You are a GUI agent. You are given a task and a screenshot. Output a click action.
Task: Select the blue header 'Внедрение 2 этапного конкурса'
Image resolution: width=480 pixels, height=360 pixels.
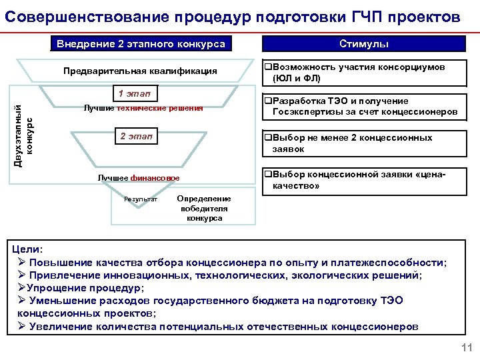click(141, 45)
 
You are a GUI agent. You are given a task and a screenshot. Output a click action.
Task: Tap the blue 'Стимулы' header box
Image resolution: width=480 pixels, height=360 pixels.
click(363, 44)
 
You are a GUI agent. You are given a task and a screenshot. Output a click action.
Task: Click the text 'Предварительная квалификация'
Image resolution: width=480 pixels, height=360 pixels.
click(140, 71)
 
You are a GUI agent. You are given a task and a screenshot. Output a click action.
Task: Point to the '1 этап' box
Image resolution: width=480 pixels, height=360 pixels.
click(133, 93)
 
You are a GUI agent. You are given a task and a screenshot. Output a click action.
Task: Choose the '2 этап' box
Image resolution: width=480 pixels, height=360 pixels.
click(135, 137)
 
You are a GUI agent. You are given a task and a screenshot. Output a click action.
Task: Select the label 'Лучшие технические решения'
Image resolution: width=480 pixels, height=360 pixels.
click(143, 108)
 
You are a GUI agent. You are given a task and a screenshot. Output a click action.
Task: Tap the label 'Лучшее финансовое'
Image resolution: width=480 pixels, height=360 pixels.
click(139, 179)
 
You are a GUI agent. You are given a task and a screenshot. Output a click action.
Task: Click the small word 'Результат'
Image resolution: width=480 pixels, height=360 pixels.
click(141, 199)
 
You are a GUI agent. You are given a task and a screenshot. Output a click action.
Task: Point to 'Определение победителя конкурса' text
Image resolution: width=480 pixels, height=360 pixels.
click(204, 208)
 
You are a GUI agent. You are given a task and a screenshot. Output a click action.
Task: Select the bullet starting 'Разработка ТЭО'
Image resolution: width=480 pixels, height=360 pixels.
click(361, 107)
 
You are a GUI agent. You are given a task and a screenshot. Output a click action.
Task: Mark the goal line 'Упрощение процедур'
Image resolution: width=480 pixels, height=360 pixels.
click(80, 288)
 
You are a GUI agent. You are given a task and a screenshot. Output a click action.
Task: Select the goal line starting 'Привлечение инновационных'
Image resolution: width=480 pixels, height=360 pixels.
click(221, 275)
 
